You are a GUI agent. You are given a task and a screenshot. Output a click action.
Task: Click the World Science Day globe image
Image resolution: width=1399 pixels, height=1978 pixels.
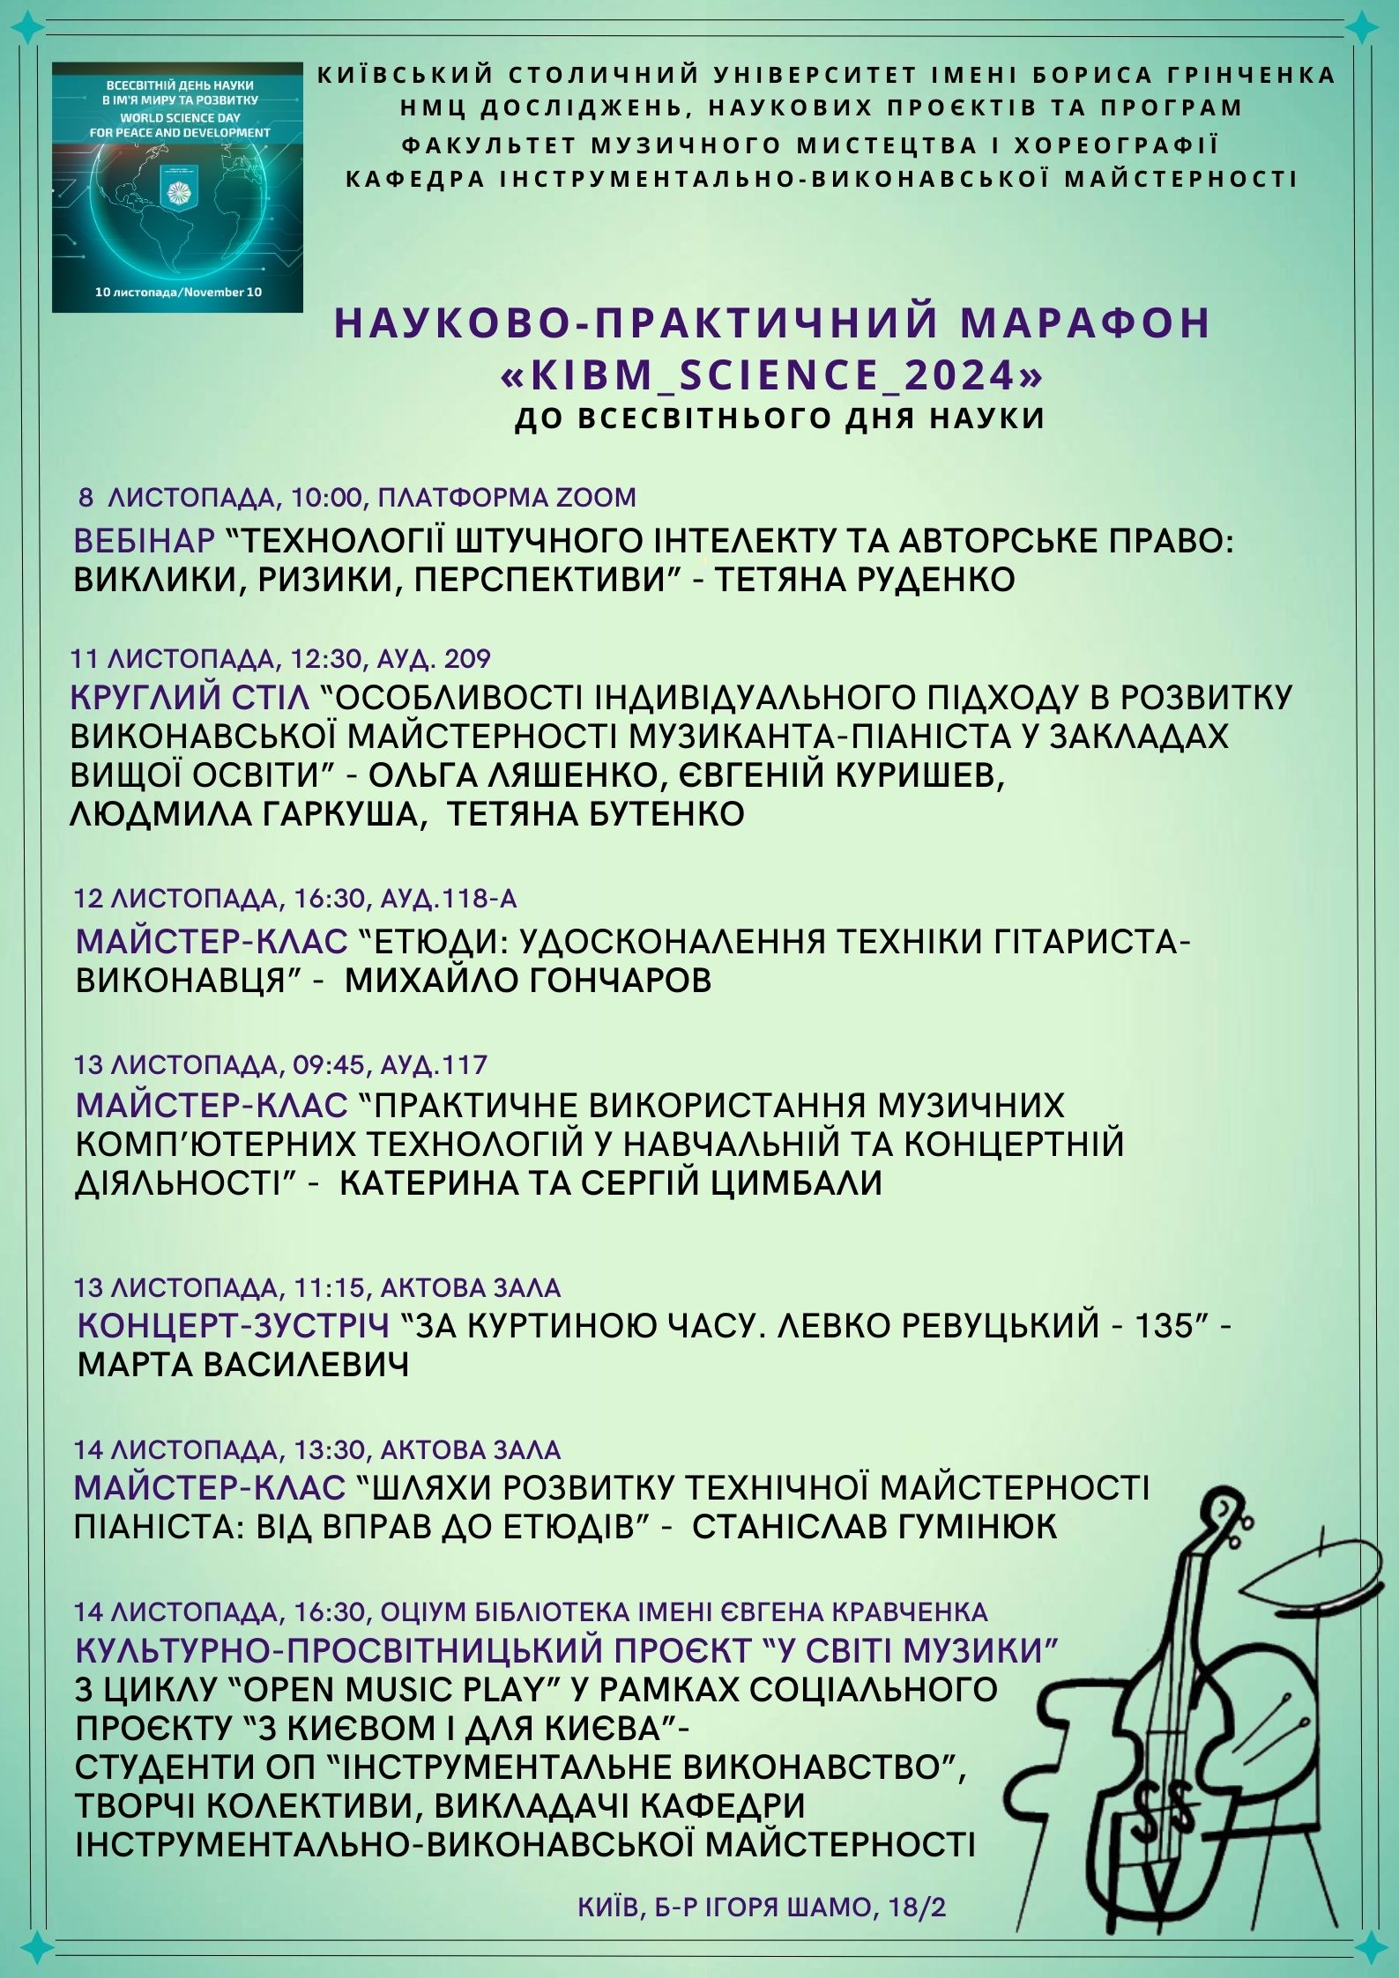(x=177, y=187)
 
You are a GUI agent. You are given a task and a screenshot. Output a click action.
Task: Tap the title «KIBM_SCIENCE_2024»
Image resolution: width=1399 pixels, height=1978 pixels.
(x=771, y=375)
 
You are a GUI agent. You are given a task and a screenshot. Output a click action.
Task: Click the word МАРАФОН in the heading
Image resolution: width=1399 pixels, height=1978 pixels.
(x=1085, y=323)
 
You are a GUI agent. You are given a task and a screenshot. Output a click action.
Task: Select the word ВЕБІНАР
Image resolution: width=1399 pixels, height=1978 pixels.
(x=145, y=540)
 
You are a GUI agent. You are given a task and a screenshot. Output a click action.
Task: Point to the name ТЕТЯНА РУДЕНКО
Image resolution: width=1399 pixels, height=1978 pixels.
(x=864, y=580)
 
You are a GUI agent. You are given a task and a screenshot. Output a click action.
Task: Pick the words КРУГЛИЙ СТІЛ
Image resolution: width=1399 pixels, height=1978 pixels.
(x=190, y=698)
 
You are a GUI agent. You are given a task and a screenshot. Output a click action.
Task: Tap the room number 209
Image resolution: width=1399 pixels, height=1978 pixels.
(x=467, y=659)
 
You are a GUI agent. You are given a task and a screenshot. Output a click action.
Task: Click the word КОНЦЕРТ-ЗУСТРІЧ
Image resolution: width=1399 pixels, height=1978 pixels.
(x=234, y=1326)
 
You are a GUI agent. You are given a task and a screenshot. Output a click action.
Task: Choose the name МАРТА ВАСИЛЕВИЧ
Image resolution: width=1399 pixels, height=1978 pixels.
(x=243, y=1366)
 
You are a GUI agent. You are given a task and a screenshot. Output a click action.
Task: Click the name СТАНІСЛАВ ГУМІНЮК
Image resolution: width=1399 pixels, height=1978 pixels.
(x=874, y=1526)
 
